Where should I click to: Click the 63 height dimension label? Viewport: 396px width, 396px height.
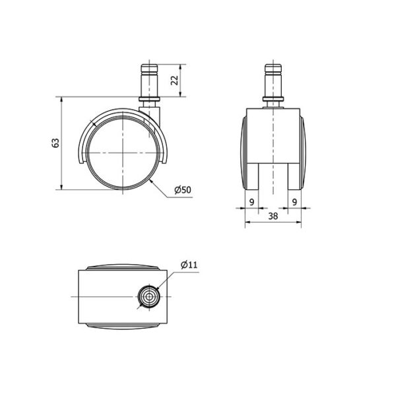pos(55,143)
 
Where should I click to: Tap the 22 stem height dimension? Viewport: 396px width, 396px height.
pos(174,81)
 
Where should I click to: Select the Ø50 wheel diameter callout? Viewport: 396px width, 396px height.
pos(183,189)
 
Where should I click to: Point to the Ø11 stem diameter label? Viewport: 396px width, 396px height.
pos(189,265)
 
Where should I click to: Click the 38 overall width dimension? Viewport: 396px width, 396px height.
pos(273,216)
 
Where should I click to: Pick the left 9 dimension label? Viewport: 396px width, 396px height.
pos(252,202)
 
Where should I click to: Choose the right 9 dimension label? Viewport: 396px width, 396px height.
pos(294,202)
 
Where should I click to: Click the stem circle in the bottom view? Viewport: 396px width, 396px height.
pos(149,296)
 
